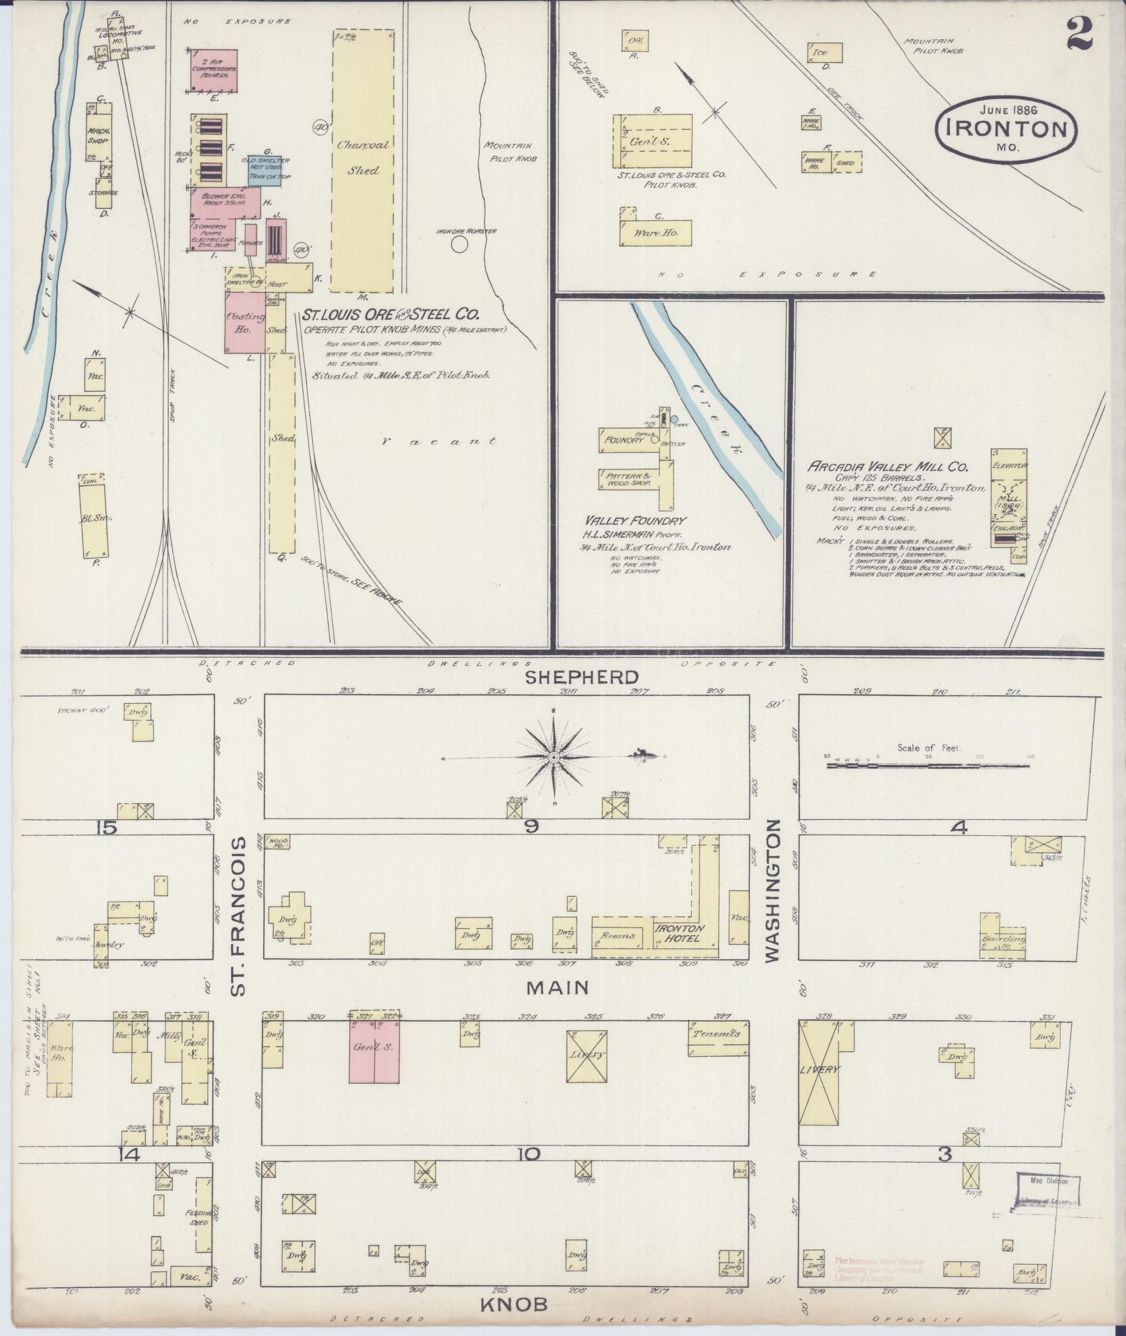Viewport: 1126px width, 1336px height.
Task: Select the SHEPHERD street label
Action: click(582, 677)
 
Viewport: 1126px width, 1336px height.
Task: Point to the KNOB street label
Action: click(512, 1304)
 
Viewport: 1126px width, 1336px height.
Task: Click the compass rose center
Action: click(554, 757)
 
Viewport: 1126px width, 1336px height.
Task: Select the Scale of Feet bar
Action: click(928, 765)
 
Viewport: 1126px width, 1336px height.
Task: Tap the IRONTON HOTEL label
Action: click(678, 933)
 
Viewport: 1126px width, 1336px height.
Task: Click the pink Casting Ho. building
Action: click(244, 322)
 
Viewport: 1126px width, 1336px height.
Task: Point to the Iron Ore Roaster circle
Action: click(459, 244)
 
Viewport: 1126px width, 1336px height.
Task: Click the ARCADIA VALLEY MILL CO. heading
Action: click(888, 466)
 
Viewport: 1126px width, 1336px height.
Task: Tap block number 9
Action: click(532, 827)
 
